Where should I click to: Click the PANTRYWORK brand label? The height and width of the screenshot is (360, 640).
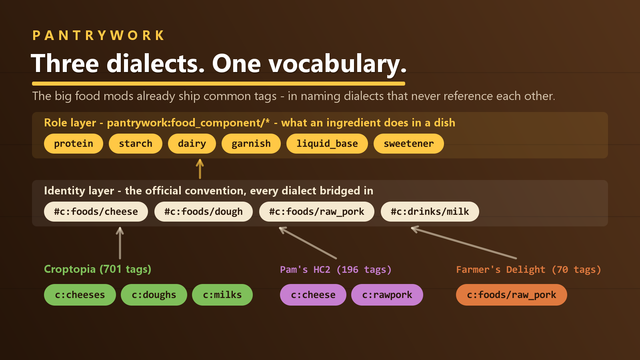coord(98,36)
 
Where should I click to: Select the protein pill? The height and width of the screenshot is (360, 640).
coord(74,144)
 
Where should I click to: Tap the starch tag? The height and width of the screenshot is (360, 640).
coord(136,144)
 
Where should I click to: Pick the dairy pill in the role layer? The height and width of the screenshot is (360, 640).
coord(192,144)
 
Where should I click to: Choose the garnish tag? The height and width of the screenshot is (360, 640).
coord(251,144)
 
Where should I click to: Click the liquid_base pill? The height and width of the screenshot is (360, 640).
coord(327,144)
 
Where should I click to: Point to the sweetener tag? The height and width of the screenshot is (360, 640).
coord(408,144)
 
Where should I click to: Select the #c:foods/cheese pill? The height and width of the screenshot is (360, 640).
coord(96,212)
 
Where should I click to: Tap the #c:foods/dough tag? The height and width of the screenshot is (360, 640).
coord(204,212)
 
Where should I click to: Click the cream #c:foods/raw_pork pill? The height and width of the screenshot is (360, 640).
coord(316,212)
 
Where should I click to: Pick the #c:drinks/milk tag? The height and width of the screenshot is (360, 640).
coord(430,212)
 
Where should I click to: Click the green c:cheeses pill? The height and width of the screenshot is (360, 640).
coord(80,294)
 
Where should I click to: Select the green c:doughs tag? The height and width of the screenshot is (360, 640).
coord(154,294)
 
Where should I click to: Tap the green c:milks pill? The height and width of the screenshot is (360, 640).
coord(222,294)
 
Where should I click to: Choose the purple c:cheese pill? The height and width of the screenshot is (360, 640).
coord(313,294)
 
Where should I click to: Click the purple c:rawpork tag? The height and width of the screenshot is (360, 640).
coord(387,294)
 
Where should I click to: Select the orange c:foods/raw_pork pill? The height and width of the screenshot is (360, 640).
coord(512,294)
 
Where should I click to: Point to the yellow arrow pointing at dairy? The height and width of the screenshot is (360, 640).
coord(200,169)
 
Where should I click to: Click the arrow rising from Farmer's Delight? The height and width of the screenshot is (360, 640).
coord(464,242)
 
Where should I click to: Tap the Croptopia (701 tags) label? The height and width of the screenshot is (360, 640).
coord(98,269)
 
